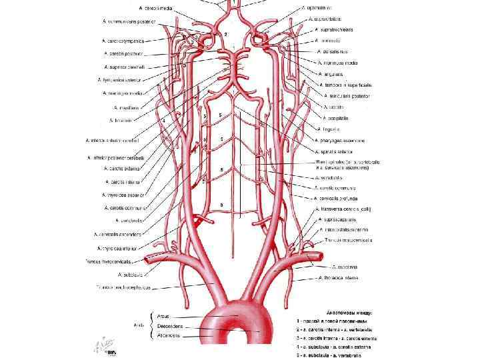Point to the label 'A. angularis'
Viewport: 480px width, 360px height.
(332, 74)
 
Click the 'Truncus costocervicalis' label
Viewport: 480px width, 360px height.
(347, 240)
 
